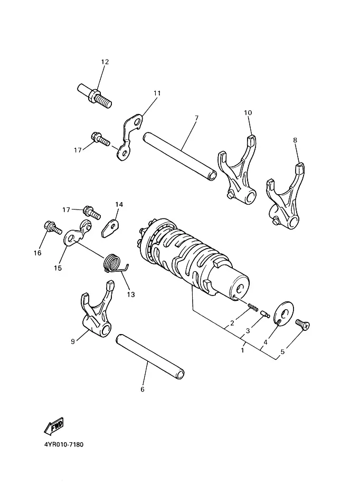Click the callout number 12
click(x=105, y=62)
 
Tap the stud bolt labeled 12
click(x=94, y=96)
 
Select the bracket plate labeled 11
click(x=130, y=137)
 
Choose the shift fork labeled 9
click(x=97, y=311)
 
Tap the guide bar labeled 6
click(x=150, y=356)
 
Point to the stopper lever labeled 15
click(x=78, y=233)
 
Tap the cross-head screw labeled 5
click(x=302, y=324)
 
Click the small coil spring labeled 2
click(x=253, y=306)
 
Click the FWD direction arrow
click(x=54, y=425)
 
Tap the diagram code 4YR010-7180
click(x=64, y=444)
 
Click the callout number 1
click(x=242, y=350)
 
